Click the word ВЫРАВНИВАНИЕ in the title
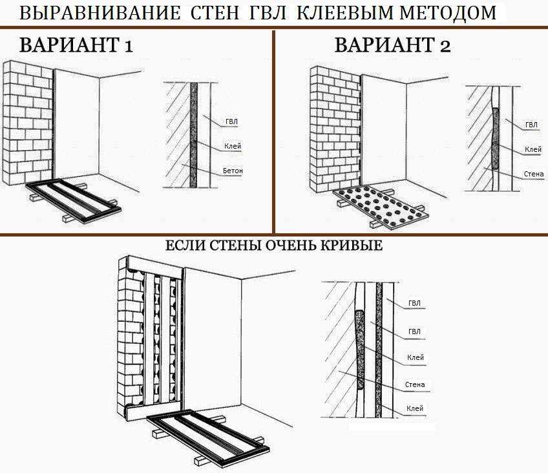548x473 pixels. coord(100,13)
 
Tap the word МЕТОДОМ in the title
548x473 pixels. coord(448,13)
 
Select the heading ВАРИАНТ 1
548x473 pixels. coord(76,45)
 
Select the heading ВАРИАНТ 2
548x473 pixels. coord(393,45)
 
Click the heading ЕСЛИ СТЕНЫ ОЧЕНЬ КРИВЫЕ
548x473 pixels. coord(273,246)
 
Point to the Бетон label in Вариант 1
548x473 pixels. coord(233,171)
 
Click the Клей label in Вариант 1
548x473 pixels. coord(233,146)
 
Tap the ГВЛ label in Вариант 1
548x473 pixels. coord(232,121)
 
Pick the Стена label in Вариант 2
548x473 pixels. coord(534,174)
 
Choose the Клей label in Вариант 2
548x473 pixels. coord(533,149)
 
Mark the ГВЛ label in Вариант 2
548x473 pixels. coord(532,125)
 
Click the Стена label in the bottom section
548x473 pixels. coord(415,384)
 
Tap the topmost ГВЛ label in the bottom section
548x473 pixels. coord(414,303)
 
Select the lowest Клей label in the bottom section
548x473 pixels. coord(415,408)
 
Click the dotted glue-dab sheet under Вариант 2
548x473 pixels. coord(380,208)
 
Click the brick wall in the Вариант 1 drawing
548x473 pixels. coord(28,123)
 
